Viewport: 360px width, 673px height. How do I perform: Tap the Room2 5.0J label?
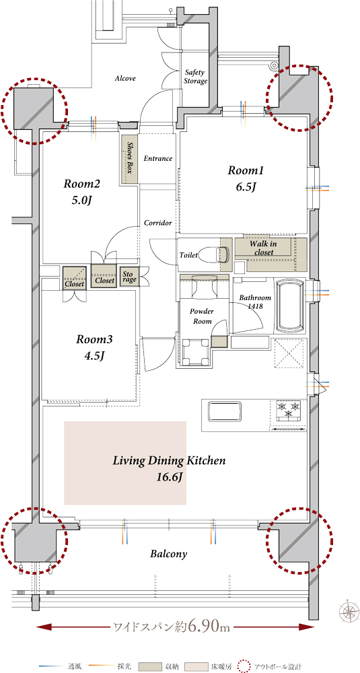82,192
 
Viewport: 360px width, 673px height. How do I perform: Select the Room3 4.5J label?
94,347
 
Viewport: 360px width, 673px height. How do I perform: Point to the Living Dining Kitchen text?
169,462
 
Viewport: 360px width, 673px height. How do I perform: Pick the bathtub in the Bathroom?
291,306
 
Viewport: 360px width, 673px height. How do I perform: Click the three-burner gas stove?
289,410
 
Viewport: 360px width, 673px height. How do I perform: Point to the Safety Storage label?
196,77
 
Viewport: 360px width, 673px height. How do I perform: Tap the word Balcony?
169,554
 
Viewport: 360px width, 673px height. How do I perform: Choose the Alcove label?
125,79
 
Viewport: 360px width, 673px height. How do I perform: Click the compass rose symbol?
349,610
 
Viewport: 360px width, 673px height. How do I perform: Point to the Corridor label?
158,223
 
